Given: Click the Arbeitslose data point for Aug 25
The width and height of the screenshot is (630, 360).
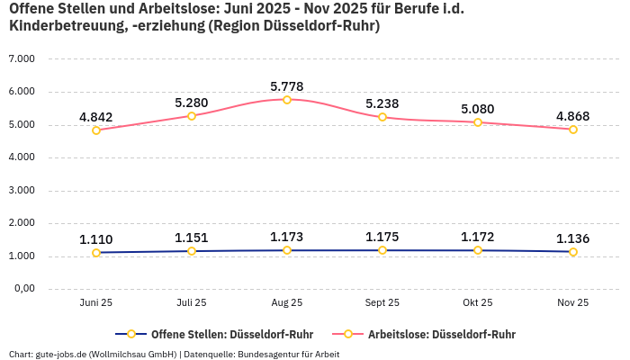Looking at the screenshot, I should click(287, 100).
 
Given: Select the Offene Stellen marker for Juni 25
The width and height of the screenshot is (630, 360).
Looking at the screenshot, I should click(96, 253).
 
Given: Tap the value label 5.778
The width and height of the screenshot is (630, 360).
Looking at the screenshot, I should click(287, 86).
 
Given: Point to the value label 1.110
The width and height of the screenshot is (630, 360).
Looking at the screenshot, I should click(96, 239).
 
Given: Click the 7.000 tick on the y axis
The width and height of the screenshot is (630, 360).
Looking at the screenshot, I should click(21, 58).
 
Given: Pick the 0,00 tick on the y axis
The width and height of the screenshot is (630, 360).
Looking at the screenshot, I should click(22, 289).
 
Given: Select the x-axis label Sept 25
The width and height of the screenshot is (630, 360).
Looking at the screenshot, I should click(382, 302).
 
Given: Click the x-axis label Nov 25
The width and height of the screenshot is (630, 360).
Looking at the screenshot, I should click(572, 302).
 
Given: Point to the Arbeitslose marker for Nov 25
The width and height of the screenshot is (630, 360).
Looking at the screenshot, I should click(573, 130).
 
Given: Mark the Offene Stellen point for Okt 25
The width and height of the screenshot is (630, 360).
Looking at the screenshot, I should click(478, 250).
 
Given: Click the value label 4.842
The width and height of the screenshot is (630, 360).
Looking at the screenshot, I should click(96, 117).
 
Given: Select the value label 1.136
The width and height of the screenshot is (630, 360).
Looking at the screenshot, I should click(573, 238).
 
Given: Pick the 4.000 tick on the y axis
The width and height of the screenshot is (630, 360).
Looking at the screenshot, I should click(21, 157).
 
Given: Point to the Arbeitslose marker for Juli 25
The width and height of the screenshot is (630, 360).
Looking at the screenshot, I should click(192, 115).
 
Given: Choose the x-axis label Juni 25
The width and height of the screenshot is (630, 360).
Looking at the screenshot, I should click(96, 302).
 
